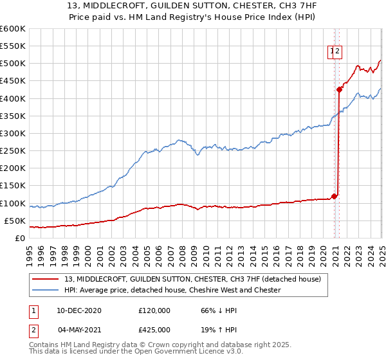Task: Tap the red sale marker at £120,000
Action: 335,196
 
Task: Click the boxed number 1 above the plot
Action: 332,53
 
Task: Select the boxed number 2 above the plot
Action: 338,53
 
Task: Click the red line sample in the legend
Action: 46,279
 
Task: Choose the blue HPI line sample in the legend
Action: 46,290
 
